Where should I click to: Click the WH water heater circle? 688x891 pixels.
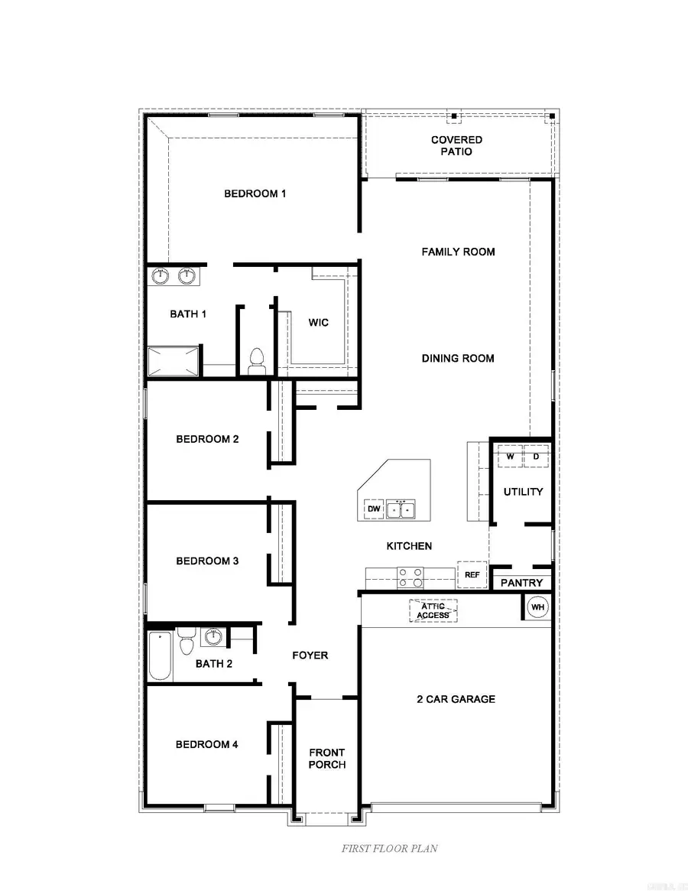click(x=538, y=608)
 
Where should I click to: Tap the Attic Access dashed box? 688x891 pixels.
click(x=433, y=610)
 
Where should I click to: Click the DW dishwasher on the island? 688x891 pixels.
click(x=374, y=509)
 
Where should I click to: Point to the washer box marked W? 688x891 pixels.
click(x=510, y=457)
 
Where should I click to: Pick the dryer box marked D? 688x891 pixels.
click(x=536, y=457)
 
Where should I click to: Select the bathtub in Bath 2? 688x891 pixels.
click(x=161, y=655)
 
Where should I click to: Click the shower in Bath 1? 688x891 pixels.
click(x=174, y=361)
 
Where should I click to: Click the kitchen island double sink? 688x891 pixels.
click(x=401, y=509)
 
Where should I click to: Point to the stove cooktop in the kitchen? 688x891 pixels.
click(x=410, y=576)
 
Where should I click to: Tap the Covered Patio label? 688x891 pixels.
click(x=456, y=145)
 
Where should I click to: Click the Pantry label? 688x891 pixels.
click(x=521, y=583)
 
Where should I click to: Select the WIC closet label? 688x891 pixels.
click(x=318, y=323)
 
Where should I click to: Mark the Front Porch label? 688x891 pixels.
click(x=327, y=759)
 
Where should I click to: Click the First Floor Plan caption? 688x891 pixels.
click(x=389, y=848)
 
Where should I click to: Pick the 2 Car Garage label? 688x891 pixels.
click(x=456, y=699)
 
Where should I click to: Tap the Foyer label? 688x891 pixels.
click(x=310, y=655)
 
